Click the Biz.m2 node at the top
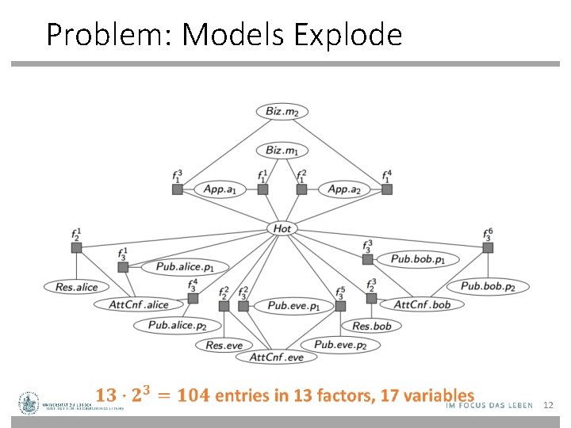282,112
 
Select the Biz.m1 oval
282,150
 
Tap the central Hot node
282,228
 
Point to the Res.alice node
77,287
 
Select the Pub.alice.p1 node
191,267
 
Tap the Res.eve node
224,345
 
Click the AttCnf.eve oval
277,357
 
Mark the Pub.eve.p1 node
293,305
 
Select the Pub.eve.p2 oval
340,345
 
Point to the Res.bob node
372,326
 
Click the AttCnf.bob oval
422,304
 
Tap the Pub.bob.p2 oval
488,286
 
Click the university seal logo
30,403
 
